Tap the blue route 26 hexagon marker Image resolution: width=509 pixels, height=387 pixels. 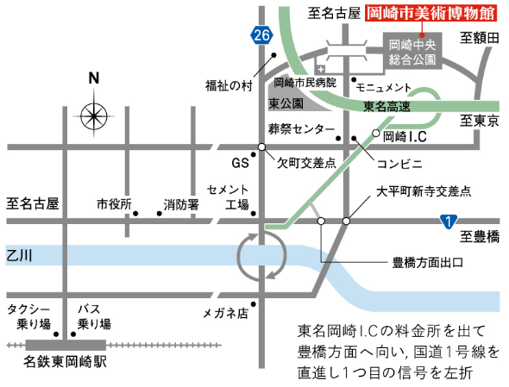pos(263,35)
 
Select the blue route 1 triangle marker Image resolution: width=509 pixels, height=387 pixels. pos(446,222)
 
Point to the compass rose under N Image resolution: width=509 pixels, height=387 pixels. pos(94,113)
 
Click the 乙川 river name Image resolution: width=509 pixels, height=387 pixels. pos(18,255)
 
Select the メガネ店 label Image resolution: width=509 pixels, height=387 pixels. pos(225,313)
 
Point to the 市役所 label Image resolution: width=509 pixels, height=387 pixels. pos(113,205)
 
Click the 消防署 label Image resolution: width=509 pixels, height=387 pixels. pos(181,205)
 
